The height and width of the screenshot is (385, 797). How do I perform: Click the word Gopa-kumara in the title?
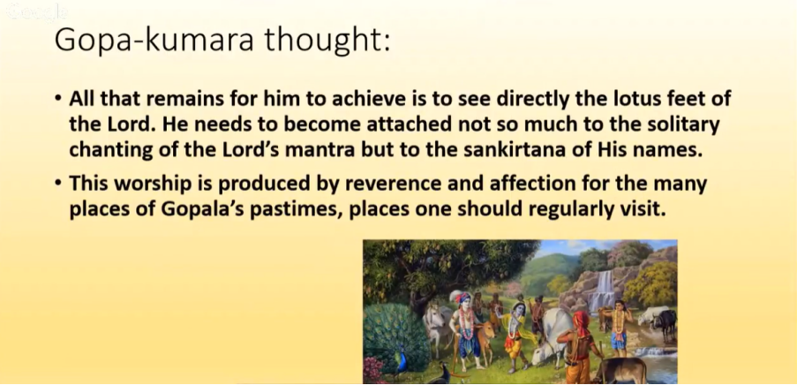[x=154, y=41]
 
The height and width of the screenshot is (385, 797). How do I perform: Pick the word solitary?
[x=682, y=125]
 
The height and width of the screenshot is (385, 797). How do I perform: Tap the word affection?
[x=533, y=184]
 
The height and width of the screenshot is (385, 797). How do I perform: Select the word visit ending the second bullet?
[x=644, y=209]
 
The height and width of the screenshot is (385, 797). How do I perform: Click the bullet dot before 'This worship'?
[x=59, y=182]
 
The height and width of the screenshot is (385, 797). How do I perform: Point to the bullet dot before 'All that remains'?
[x=59, y=97]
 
